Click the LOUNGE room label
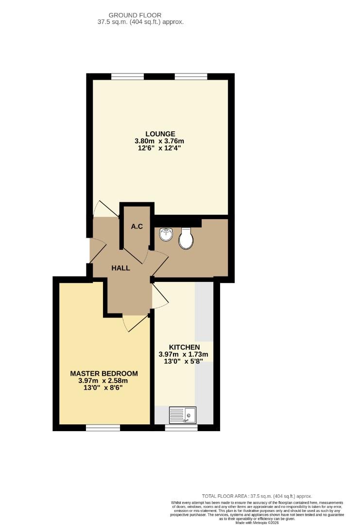click(x=159, y=134)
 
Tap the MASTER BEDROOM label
click(x=103, y=373)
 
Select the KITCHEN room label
click(x=184, y=347)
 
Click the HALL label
click(x=120, y=268)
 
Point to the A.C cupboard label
click(x=137, y=226)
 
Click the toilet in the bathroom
click(x=186, y=239)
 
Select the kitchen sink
click(x=183, y=415)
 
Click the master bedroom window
click(x=103, y=428)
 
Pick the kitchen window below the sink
click(x=181, y=428)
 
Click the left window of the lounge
click(x=127, y=76)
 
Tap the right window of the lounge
click(x=191, y=76)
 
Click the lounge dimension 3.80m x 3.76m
click(x=159, y=141)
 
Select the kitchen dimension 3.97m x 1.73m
click(x=183, y=354)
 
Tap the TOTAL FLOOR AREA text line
click(x=257, y=496)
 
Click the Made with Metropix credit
click(x=258, y=523)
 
